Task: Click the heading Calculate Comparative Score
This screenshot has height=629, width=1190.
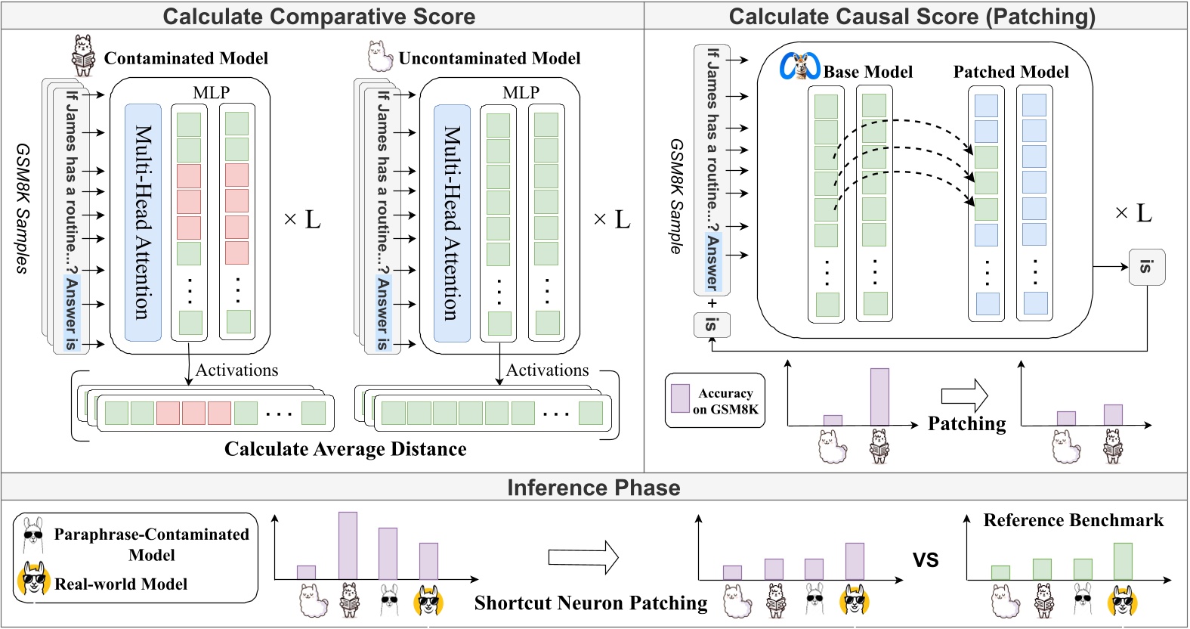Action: [x=319, y=16]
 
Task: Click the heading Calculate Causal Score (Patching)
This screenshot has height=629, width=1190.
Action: [x=912, y=16]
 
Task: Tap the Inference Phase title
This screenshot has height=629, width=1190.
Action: [x=593, y=488]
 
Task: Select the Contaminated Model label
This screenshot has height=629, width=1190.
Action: [x=186, y=58]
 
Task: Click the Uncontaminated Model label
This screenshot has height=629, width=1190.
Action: [x=490, y=58]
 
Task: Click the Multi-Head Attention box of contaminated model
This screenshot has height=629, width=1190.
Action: [x=143, y=222]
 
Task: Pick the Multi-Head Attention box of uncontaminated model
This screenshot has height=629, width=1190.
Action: [x=452, y=222]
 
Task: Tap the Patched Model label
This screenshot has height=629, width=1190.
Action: [x=1011, y=72]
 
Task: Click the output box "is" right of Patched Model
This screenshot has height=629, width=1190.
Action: [x=1146, y=267]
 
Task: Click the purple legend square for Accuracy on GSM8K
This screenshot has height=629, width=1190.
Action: [x=680, y=398]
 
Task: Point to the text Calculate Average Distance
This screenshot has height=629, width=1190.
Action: [x=345, y=449]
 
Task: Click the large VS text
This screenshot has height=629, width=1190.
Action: [x=926, y=560]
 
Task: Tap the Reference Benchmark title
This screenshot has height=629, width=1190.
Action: [x=1073, y=520]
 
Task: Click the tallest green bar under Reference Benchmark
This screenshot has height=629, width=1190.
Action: [x=1123, y=561]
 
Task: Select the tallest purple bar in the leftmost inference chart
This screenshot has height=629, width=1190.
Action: [x=348, y=546]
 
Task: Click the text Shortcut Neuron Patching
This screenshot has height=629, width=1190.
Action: [x=591, y=603]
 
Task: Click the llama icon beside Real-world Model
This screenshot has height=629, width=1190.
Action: [x=33, y=580]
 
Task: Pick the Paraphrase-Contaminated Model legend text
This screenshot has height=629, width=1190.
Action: [x=151, y=544]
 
